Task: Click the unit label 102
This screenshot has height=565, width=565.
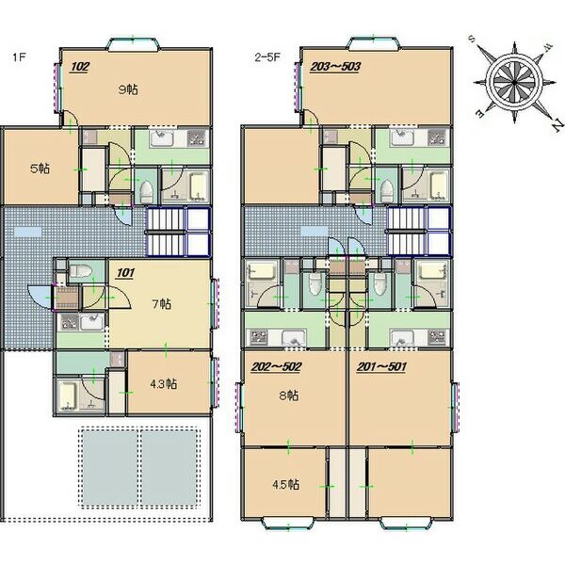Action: coord(80,67)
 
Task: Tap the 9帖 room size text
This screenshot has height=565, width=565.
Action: coord(128,89)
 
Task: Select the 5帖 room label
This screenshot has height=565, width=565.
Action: coord(40,169)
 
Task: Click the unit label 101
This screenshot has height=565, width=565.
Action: coord(125,273)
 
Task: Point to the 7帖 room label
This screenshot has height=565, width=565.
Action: coord(161,304)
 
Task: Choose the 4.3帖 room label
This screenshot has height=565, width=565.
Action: coord(163,384)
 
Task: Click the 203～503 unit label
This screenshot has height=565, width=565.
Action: coord(335,67)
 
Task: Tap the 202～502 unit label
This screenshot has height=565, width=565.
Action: coord(276,367)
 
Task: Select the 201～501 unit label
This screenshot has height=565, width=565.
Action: coord(381,367)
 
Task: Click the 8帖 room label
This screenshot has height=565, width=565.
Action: coord(289,395)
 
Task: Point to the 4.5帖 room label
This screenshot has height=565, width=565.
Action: coord(285,484)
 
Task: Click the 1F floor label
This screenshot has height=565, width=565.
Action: coord(19,56)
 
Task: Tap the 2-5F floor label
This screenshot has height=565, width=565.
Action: coord(267,57)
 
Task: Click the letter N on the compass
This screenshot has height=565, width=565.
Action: coord(557,124)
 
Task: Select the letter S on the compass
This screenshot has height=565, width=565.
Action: coord(472,39)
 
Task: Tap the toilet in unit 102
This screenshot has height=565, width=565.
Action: coord(146,191)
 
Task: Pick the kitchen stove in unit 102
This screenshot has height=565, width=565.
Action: coord(197,138)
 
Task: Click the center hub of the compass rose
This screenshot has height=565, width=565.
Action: coord(514,83)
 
